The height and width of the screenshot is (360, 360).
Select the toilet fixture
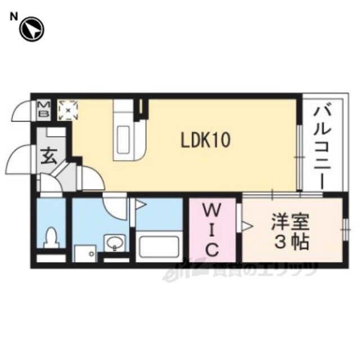click(51, 237)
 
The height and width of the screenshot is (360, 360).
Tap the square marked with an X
click(69, 110)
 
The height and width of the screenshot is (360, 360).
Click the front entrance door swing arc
click(21, 160)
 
